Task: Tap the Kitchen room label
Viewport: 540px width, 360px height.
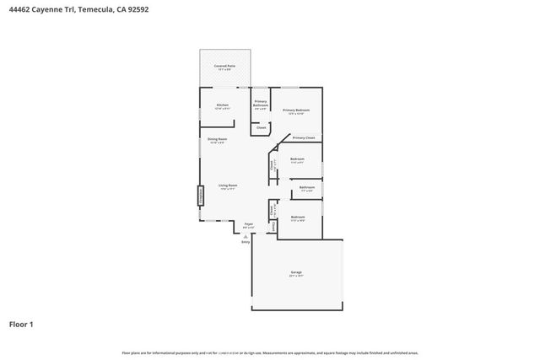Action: pyautogui.click(x=223, y=105)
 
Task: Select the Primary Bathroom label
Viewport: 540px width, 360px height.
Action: pyautogui.click(x=261, y=105)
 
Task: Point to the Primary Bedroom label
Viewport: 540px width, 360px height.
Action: pyautogui.click(x=296, y=110)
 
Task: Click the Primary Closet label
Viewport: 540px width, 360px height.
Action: pyautogui.click(x=304, y=137)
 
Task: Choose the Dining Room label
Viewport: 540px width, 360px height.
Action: pyautogui.click(x=216, y=139)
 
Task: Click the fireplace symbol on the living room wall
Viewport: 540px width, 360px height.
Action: pyautogui.click(x=201, y=195)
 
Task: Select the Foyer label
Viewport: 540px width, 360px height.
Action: pyautogui.click(x=249, y=224)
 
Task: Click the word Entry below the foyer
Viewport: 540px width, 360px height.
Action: pyautogui.click(x=246, y=242)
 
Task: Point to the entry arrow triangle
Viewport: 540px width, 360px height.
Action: pyautogui.click(x=246, y=235)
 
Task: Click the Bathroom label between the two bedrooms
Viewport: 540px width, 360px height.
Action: pyautogui.click(x=307, y=187)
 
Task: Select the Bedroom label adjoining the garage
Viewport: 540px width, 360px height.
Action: pyautogui.click(x=298, y=217)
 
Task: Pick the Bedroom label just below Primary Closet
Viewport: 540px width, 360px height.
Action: pyautogui.click(x=297, y=159)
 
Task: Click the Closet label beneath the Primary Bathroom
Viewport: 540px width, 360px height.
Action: pyautogui.click(x=262, y=127)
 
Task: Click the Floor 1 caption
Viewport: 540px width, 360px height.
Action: pyautogui.click(x=22, y=323)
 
